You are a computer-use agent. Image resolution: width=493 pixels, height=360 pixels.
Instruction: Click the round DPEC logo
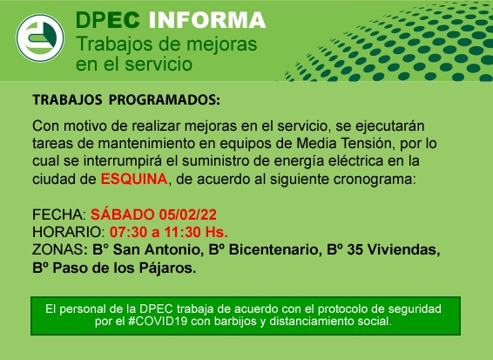pos(40,37)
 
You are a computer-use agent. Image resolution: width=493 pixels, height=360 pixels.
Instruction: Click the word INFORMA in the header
pos(207,20)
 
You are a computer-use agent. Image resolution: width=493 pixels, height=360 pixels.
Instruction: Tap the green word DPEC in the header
pos(107,20)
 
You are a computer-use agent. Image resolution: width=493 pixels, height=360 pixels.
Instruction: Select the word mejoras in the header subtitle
pos(221,44)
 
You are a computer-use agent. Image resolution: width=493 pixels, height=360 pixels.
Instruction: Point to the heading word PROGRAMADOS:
pos(164,99)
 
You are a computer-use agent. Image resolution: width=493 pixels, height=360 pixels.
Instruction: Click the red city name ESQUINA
pos(134,179)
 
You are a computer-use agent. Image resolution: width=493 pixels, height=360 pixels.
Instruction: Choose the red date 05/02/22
pos(187,214)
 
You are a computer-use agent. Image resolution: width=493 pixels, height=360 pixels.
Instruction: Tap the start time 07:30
pos(128,232)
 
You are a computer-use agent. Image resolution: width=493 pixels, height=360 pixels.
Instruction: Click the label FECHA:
pos(59,214)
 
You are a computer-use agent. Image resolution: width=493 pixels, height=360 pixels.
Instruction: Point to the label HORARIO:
pos(69,232)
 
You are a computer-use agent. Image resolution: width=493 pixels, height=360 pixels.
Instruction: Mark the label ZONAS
pos(57,250)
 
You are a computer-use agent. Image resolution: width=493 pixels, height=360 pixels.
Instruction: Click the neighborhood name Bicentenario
pos(274,250)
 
